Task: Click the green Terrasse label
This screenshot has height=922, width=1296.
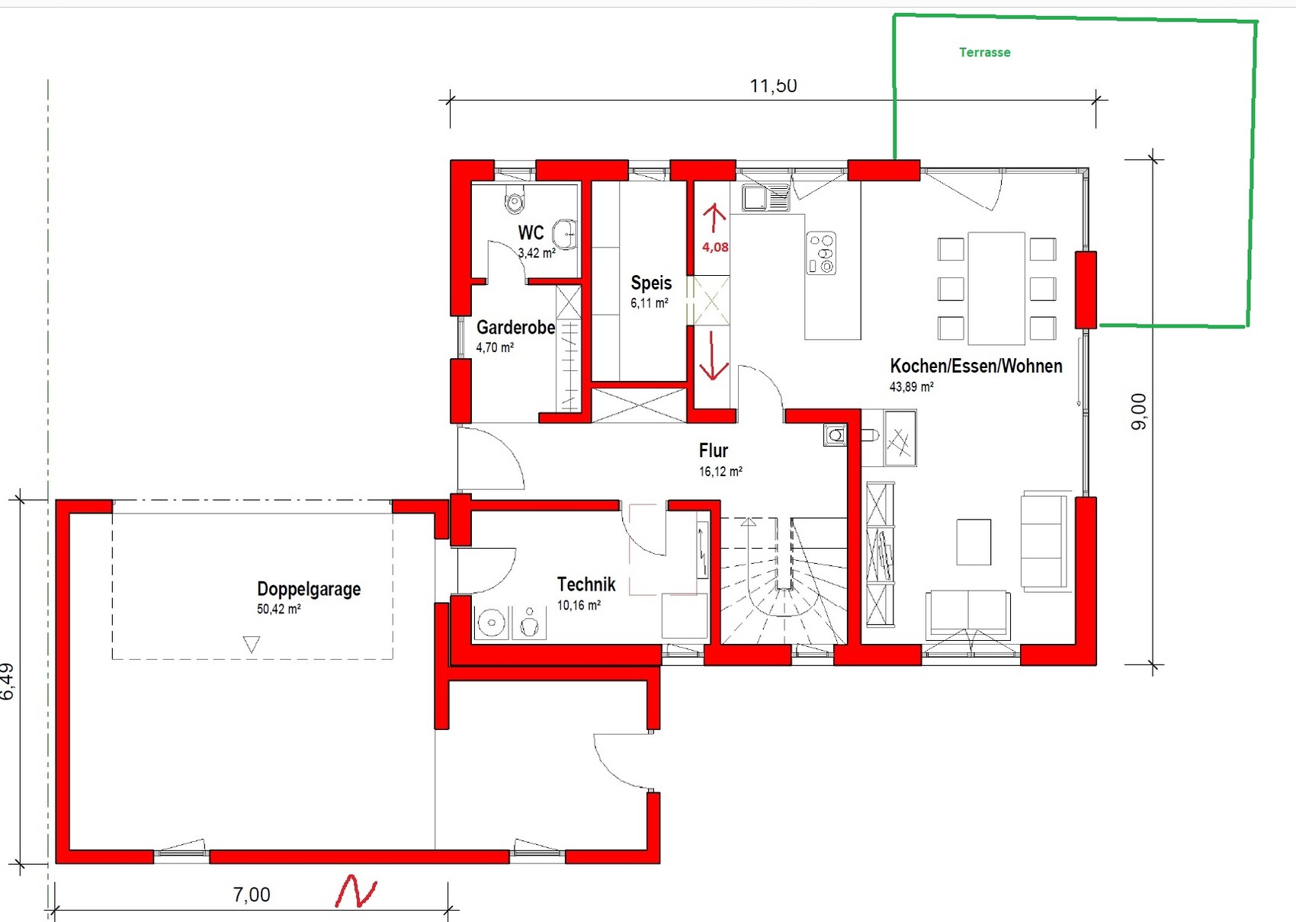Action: pyautogui.click(x=985, y=52)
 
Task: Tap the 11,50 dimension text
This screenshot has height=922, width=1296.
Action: pyautogui.click(x=774, y=85)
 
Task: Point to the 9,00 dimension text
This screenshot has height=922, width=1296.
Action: pyautogui.click(x=1139, y=411)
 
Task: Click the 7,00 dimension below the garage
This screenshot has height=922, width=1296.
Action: pyautogui.click(x=252, y=895)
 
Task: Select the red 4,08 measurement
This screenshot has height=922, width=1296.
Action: pyautogui.click(x=715, y=247)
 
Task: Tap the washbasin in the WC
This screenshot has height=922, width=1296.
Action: pyautogui.click(x=564, y=234)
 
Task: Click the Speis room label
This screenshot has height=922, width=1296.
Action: pyautogui.click(x=651, y=283)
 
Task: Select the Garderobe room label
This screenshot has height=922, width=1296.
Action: pyautogui.click(x=515, y=328)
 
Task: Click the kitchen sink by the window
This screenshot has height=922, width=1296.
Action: pyautogui.click(x=765, y=198)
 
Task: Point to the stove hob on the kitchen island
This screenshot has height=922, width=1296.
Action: pyautogui.click(x=822, y=253)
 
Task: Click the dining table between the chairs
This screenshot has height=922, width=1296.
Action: pyautogui.click(x=997, y=288)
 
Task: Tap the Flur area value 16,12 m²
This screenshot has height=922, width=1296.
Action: pyautogui.click(x=720, y=472)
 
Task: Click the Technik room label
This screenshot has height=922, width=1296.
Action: pyautogui.click(x=586, y=584)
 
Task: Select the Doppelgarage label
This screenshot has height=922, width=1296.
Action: pyautogui.click(x=309, y=589)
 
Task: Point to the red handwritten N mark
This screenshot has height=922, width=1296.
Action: pyautogui.click(x=356, y=892)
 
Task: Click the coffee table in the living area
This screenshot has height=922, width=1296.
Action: pyautogui.click(x=974, y=542)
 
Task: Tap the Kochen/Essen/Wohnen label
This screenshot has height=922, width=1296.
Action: pyautogui.click(x=976, y=367)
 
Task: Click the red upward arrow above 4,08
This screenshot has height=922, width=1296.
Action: pyautogui.click(x=714, y=218)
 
